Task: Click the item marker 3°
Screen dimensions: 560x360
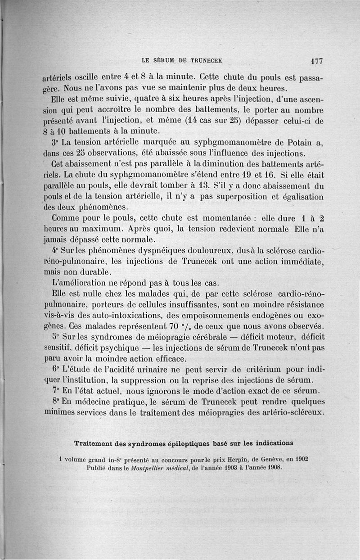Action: tap(56, 143)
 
